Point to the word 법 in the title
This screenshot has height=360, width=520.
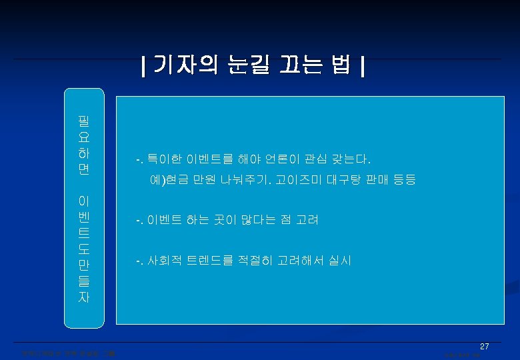[341, 66]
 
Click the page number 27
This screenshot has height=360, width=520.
[485, 347]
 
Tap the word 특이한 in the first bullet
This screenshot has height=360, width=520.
[163, 160]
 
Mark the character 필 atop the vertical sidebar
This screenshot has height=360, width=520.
[84, 121]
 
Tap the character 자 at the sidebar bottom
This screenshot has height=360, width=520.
[84, 298]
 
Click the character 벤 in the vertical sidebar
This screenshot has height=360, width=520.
[84, 217]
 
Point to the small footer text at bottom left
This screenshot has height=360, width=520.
[66, 353]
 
